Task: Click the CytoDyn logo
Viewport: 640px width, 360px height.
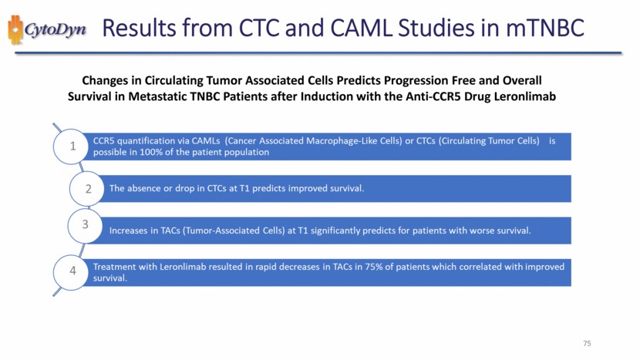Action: pyautogui.click(x=47, y=29)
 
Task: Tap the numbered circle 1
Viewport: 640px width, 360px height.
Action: pyautogui.click(x=71, y=146)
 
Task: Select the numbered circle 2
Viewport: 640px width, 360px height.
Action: pyautogui.click(x=87, y=189)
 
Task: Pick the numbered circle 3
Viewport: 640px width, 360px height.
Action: pyautogui.click(x=85, y=225)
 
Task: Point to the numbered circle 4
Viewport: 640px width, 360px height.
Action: pyautogui.click(x=71, y=272)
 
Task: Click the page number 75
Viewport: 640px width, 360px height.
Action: pyautogui.click(x=587, y=343)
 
